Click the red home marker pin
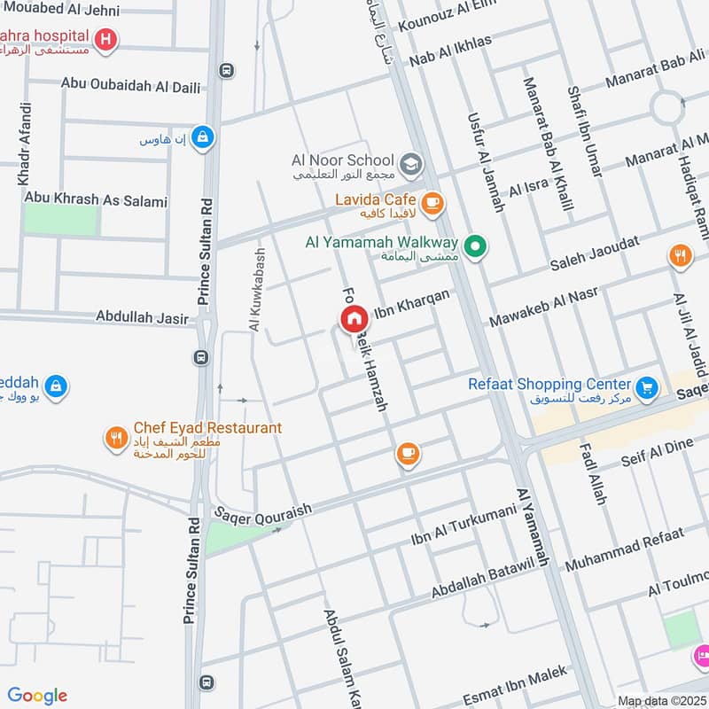click(353, 319)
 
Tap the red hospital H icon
click(106, 39)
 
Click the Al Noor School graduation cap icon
click(409, 164)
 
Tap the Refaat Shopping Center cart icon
click(647, 387)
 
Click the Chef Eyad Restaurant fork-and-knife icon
click(115, 437)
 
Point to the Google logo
click(37, 695)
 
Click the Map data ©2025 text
click(662, 700)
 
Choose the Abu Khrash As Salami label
click(96, 200)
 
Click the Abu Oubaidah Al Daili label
click(130, 86)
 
